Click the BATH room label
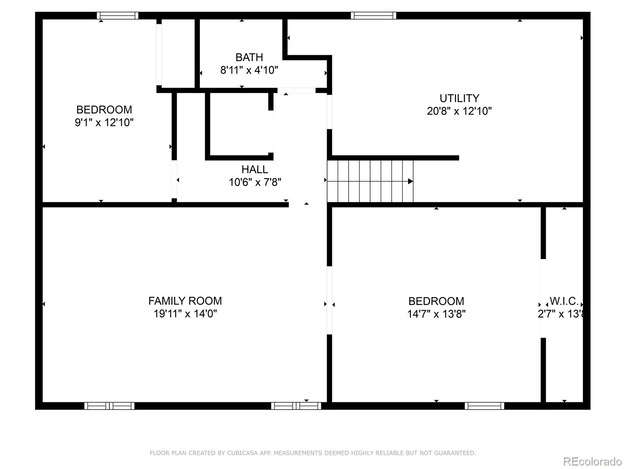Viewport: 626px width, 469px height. [x=249, y=57]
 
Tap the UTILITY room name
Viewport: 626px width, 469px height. [x=459, y=98]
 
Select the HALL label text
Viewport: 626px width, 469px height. [x=255, y=170]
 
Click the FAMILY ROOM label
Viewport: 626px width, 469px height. [x=185, y=301]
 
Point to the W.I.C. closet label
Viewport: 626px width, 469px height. [x=564, y=301]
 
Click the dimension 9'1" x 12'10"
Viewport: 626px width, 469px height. [x=104, y=123]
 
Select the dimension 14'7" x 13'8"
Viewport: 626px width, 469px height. [x=436, y=314]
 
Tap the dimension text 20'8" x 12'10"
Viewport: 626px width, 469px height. [x=459, y=111]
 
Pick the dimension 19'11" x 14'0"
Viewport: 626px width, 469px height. [x=185, y=314]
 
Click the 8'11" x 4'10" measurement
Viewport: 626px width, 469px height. [x=249, y=70]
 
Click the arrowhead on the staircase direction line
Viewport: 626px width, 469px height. [x=410, y=181]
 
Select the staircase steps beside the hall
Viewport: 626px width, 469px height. [x=370, y=181]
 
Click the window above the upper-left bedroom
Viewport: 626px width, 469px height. [x=118, y=16]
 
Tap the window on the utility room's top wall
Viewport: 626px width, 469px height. [x=373, y=16]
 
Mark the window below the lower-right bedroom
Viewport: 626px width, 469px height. [x=484, y=406]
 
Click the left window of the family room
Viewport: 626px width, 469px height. [x=110, y=406]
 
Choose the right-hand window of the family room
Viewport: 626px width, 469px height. [x=296, y=406]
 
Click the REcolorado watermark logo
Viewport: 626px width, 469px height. [x=592, y=462]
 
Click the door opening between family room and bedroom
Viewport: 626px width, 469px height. [x=329, y=300]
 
